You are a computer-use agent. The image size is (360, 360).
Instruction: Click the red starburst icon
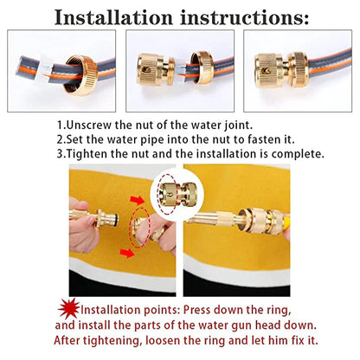point(67,309)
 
